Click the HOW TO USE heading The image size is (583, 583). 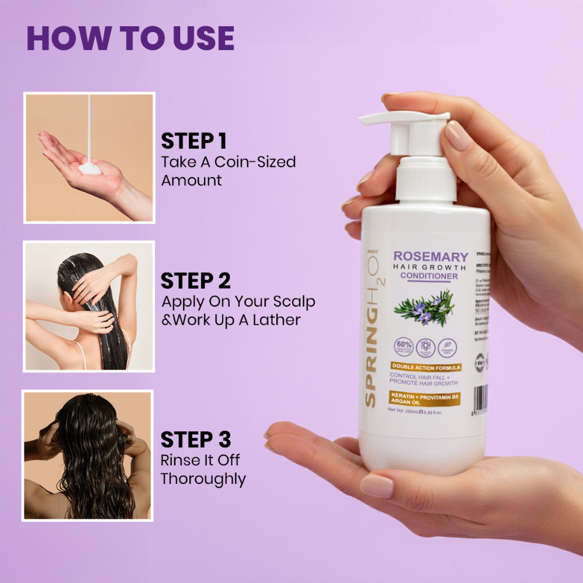click(x=130, y=38)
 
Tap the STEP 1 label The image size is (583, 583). click(x=194, y=141)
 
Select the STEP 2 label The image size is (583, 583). click(x=195, y=280)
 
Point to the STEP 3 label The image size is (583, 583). click(x=195, y=439)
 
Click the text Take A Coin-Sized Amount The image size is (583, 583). click(x=227, y=171)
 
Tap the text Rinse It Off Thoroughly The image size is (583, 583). click(x=202, y=469)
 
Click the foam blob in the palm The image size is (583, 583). click(x=90, y=168)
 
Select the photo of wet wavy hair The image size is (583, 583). click(x=88, y=455)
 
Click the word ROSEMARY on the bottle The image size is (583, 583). click(x=431, y=257)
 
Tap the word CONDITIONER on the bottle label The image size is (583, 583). click(x=429, y=276)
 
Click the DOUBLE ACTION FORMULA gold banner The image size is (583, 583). click(x=426, y=368)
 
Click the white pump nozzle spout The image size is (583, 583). click(x=379, y=120)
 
